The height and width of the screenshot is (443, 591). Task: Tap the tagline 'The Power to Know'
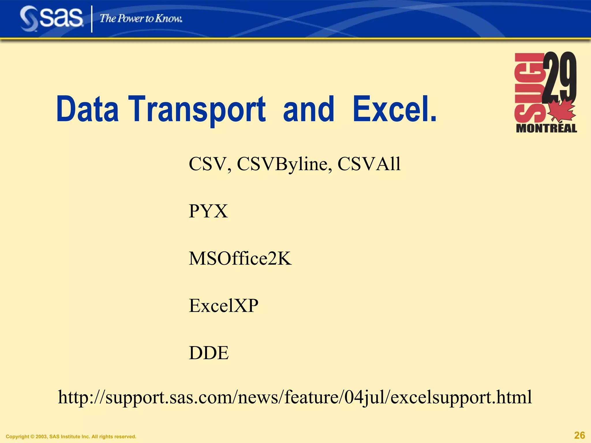(141, 19)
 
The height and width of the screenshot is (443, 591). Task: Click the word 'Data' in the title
(87, 109)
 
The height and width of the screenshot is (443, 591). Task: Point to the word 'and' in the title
(308, 109)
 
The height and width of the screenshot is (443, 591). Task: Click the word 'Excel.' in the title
(394, 109)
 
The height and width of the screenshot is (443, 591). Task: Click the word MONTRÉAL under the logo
(546, 128)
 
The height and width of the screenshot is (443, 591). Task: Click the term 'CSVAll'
(369, 164)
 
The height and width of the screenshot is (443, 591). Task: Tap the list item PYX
(208, 211)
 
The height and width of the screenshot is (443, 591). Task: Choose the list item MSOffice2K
(240, 258)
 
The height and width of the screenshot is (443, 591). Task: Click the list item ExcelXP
(224, 306)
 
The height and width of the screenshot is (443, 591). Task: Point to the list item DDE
(209, 353)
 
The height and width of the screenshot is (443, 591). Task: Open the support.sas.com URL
(295, 397)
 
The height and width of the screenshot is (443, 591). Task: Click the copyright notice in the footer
(71, 437)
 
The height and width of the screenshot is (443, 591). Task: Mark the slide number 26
(579, 435)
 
